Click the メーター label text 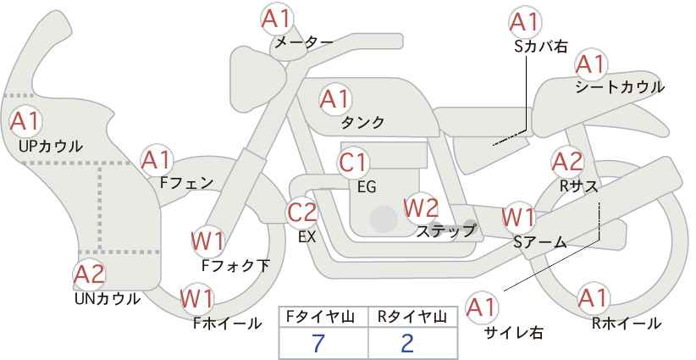point(303,42)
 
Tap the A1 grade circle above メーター point(277,19)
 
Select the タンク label point(362,123)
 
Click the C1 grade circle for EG point(354,162)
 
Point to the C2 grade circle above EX point(301,212)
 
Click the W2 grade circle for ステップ point(421,207)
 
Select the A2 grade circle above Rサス point(567,161)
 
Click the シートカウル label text point(619,87)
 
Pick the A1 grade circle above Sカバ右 point(525,23)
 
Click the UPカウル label point(50,146)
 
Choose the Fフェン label point(186,181)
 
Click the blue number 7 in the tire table point(318,343)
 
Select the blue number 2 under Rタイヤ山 point(407,343)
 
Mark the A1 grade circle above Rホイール point(593,299)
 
